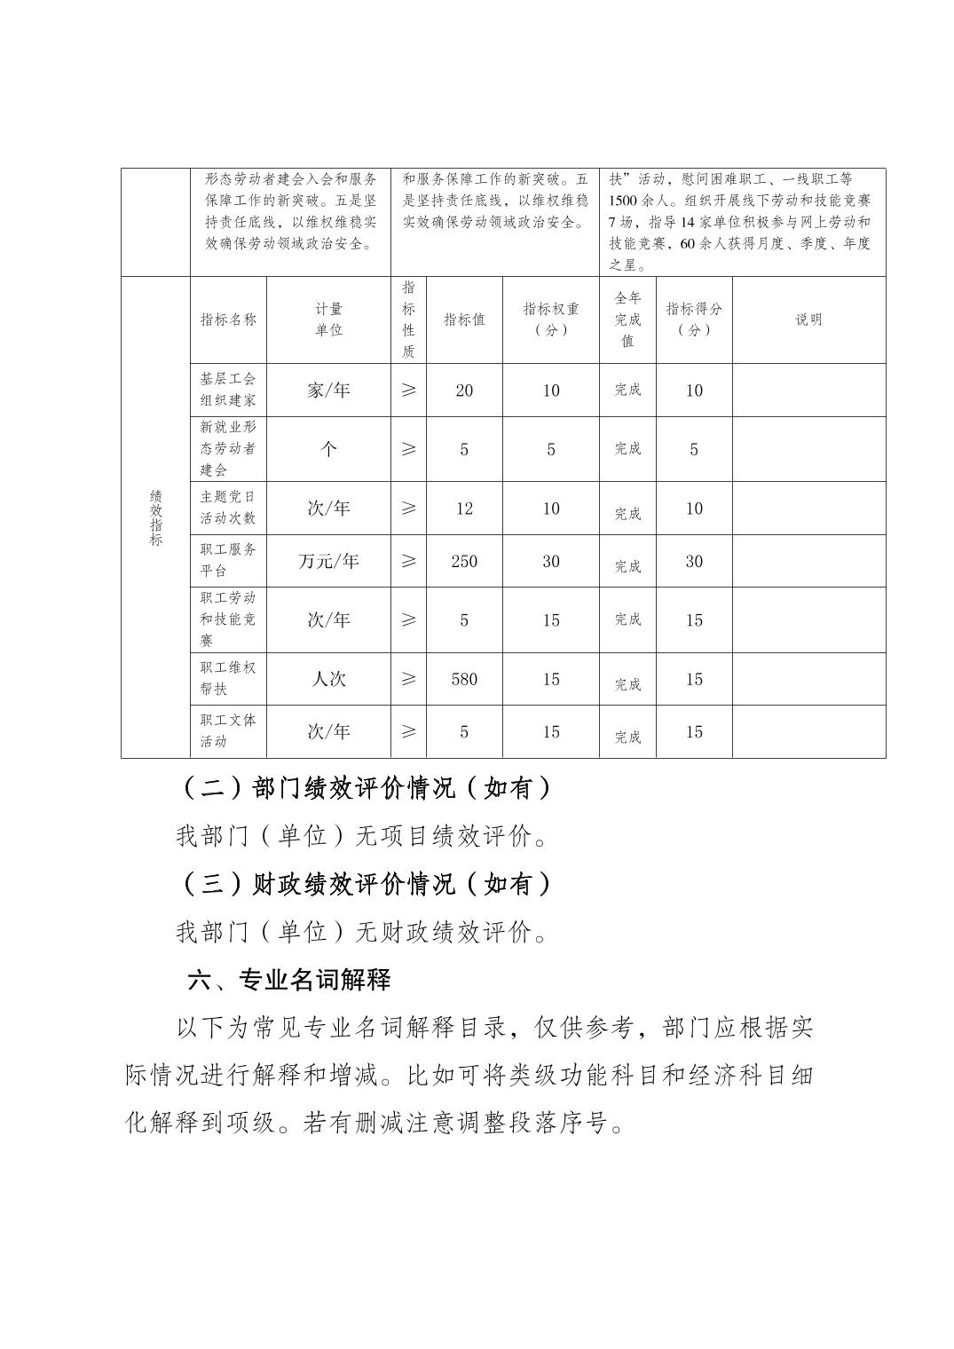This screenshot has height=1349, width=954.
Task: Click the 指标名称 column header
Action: (228, 319)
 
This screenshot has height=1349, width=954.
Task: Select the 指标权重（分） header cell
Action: (550, 319)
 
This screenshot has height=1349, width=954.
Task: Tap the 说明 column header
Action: (808, 319)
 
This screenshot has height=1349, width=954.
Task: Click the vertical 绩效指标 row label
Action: (155, 517)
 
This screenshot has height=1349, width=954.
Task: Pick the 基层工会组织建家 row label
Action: (228, 390)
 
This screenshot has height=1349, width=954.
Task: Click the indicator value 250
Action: (463, 561)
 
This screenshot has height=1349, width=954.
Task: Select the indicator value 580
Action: (463, 679)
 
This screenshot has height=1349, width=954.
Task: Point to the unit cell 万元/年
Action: (328, 561)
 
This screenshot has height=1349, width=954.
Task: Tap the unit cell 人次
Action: (328, 679)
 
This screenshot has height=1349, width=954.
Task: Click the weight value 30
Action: (550, 561)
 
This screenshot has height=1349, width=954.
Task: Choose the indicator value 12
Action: (463, 509)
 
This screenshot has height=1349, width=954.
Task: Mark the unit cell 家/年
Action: (328, 390)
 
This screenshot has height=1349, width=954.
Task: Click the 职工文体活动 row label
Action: (228, 731)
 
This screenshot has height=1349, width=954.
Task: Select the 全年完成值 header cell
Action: (627, 319)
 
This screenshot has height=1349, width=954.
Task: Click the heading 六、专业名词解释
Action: (289, 980)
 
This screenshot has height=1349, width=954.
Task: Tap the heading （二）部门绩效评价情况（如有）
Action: (366, 787)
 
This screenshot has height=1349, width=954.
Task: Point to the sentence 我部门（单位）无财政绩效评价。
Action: (362, 932)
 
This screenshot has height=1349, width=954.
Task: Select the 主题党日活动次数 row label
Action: (228, 508)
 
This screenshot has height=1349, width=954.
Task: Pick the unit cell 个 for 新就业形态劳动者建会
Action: (328, 449)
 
